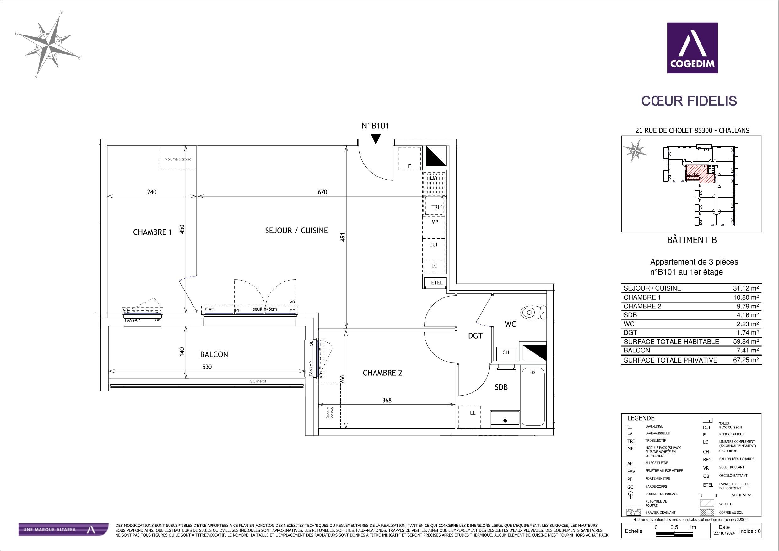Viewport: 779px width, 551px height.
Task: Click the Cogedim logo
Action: (x=692, y=48)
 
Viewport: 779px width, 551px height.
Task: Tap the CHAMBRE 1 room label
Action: (x=152, y=232)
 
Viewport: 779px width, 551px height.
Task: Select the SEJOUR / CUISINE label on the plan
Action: (x=296, y=231)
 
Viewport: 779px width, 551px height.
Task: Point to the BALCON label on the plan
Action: (x=214, y=354)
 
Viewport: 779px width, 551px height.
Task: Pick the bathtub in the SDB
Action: (x=533, y=396)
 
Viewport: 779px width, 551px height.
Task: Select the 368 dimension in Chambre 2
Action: (x=387, y=400)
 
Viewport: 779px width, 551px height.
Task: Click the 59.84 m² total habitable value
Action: (x=746, y=341)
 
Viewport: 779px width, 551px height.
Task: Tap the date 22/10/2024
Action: (x=724, y=543)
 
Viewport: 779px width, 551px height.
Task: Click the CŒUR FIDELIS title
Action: (x=689, y=101)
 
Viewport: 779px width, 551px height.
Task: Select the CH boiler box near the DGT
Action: (x=506, y=352)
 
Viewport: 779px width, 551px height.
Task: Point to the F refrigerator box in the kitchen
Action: (x=409, y=159)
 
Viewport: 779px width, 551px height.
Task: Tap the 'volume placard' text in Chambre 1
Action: (x=178, y=159)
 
